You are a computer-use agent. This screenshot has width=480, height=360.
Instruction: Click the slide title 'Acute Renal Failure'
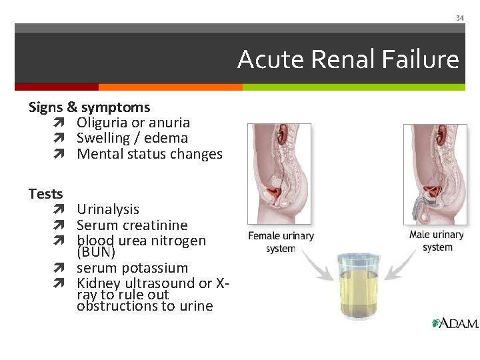(348, 60)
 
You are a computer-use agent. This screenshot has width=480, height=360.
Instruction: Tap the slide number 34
(459, 18)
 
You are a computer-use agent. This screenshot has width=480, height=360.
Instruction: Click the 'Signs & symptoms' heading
(89, 107)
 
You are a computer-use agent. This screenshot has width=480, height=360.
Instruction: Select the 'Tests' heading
(45, 194)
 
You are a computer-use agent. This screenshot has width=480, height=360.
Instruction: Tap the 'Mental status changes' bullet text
(149, 154)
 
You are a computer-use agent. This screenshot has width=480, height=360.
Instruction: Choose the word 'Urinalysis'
(108, 209)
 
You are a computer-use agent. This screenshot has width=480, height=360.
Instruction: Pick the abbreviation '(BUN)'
(96, 253)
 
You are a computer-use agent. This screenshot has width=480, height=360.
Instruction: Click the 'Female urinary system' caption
(281, 241)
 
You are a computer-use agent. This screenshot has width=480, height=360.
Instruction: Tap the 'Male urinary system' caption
(437, 241)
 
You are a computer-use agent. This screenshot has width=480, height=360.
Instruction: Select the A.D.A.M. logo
(455, 323)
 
